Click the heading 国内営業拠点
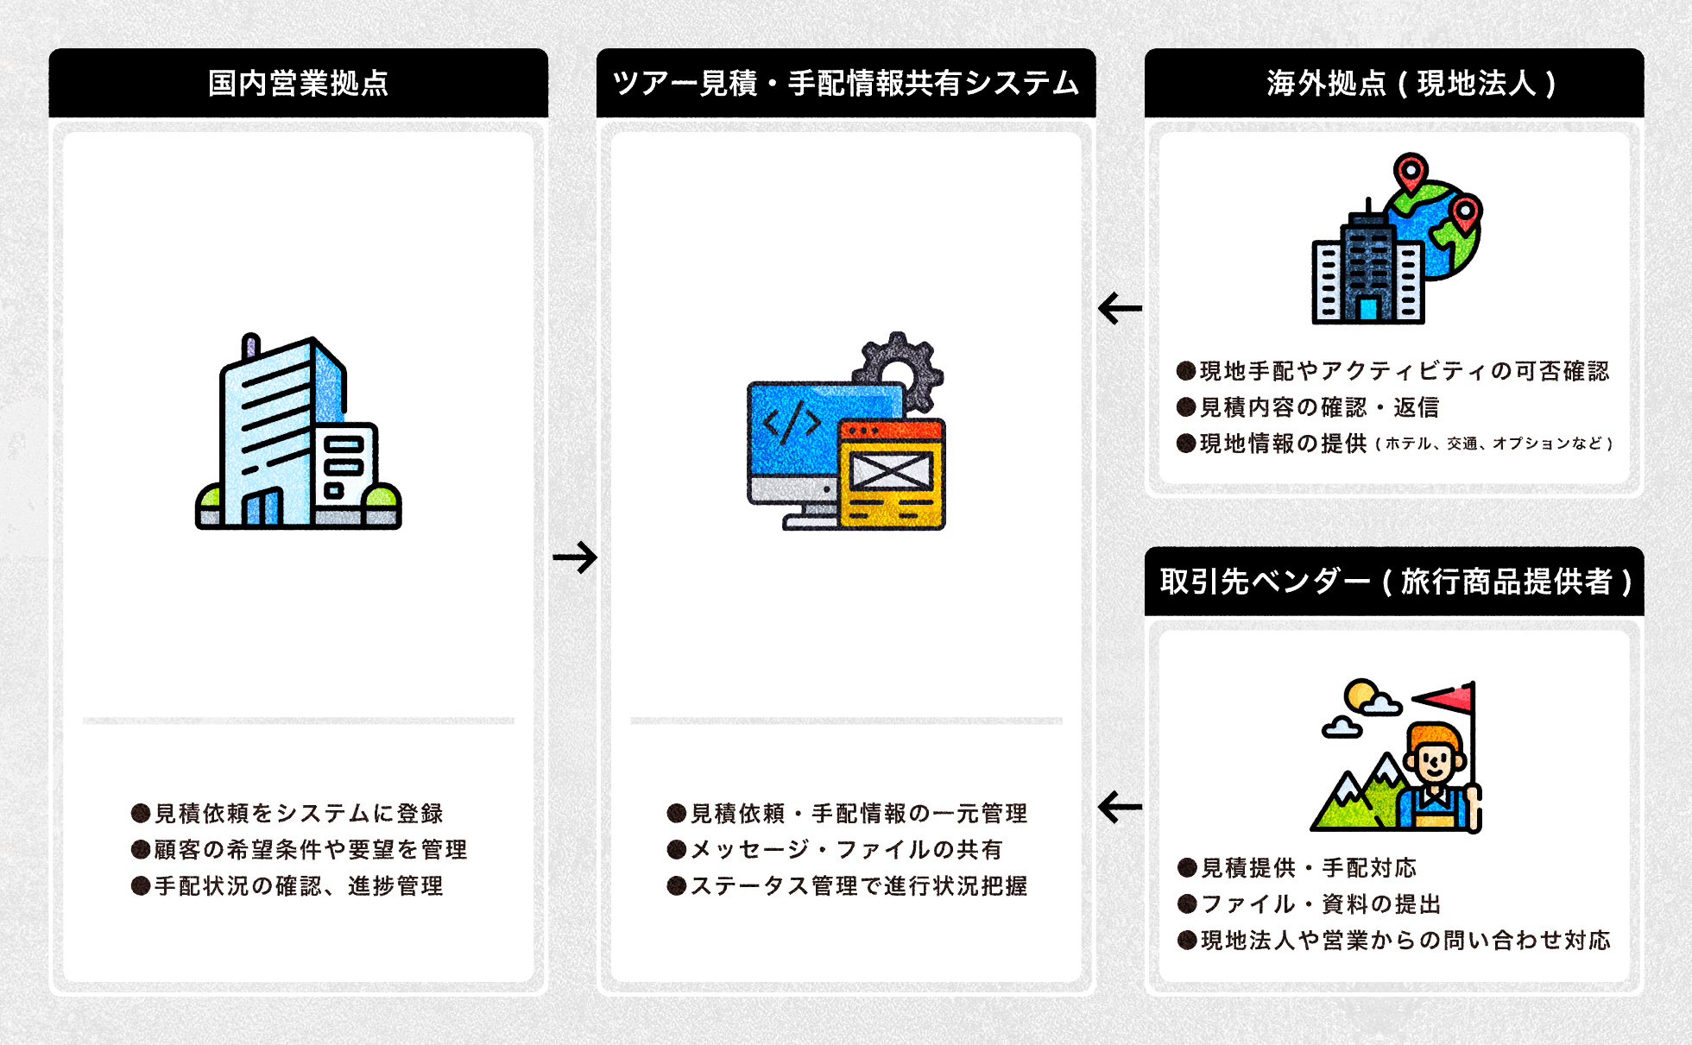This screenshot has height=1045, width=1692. pos(298,84)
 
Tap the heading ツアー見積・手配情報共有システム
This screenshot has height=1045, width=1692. pos(845,84)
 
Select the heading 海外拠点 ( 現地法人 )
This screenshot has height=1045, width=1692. pos(1411,84)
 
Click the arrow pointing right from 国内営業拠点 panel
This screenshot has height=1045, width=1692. pos(575,557)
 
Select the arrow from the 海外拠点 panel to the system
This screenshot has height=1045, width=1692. pos(1120,308)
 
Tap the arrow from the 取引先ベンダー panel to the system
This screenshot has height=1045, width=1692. pos(1120,808)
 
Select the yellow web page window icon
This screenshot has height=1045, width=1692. pos(892,475)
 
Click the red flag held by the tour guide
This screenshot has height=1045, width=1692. pos(1445,697)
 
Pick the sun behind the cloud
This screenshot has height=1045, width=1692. pos(1361,694)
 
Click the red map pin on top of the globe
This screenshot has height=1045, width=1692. pos(1411,171)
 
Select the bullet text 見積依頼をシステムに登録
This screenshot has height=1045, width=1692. pos(298,813)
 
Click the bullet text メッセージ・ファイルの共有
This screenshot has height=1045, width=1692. pos(845,849)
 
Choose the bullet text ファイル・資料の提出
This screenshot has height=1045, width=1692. pos(1321,903)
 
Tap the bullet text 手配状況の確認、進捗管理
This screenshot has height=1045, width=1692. pos(298,885)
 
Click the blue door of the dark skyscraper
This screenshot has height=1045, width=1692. pos(1367,309)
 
